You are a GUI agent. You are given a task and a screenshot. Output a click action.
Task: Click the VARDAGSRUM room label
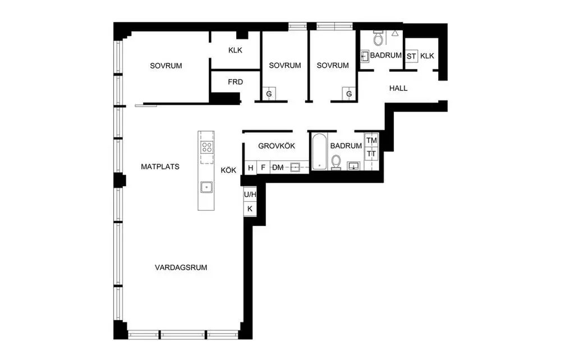tap(181, 267)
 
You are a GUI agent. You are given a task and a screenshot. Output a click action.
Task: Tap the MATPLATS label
tap(160, 167)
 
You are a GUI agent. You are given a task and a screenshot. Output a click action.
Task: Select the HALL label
tap(398, 88)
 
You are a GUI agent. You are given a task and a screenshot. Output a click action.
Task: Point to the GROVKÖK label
tap(277, 146)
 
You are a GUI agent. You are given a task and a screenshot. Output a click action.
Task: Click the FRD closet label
tap(235, 82)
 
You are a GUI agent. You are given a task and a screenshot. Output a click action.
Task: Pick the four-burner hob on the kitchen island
tap(206, 147)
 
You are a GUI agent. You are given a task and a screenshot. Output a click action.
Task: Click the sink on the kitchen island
tap(206, 186)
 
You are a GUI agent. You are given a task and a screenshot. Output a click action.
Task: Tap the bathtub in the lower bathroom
tap(319, 151)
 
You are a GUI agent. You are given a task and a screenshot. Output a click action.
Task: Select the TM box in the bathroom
tap(372, 140)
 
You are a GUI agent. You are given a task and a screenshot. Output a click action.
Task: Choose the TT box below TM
tap(372, 154)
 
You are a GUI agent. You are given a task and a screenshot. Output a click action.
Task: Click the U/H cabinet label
tap(250, 195)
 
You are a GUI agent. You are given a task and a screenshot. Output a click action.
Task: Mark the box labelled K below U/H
tap(250, 209)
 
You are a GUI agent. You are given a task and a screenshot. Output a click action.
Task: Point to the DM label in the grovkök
tap(278, 167)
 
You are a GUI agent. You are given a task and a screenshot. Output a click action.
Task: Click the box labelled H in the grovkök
tap(250, 167)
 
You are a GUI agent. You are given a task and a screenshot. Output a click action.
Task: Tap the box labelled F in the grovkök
tap(263, 167)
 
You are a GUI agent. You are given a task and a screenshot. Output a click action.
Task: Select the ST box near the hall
tap(411, 56)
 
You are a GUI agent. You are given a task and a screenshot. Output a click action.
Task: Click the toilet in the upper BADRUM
tap(378, 38)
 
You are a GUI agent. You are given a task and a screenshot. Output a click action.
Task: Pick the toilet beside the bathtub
tap(337, 162)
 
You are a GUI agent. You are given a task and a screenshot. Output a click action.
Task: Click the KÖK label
tap(228, 170)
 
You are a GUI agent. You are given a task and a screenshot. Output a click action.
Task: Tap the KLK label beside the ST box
tap(427, 56)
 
